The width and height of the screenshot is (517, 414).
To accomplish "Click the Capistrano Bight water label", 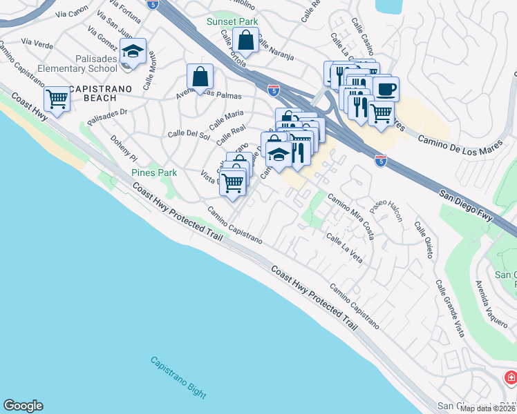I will [x=178, y=379].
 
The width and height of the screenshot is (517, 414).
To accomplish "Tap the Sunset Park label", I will [x=232, y=21].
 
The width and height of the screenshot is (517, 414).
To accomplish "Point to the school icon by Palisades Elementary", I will [x=133, y=51].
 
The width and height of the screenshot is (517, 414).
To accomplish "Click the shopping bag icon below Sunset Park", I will [x=245, y=41].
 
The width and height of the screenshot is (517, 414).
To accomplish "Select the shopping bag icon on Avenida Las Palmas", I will [x=199, y=76].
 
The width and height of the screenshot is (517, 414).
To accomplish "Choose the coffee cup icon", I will [x=386, y=88].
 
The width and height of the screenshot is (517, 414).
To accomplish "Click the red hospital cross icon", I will [x=510, y=377].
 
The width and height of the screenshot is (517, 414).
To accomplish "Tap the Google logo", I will [x=23, y=406].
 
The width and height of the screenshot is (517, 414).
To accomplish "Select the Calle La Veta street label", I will [x=344, y=248].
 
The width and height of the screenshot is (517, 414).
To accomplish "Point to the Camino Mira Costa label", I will [x=351, y=217].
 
